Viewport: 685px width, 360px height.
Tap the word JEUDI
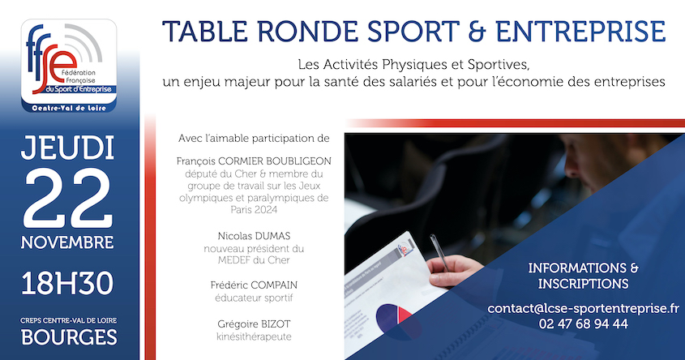68,149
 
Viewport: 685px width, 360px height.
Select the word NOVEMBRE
68,242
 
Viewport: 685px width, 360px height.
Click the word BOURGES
68,336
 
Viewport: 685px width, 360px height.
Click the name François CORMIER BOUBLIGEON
254,161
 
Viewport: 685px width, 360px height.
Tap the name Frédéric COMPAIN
254,285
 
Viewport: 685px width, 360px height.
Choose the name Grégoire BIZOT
254,323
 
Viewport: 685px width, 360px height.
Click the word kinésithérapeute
254,336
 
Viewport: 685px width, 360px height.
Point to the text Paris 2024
254,209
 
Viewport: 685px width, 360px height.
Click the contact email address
583,308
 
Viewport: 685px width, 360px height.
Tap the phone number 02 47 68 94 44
583,324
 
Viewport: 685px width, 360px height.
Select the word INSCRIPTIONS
583,283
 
